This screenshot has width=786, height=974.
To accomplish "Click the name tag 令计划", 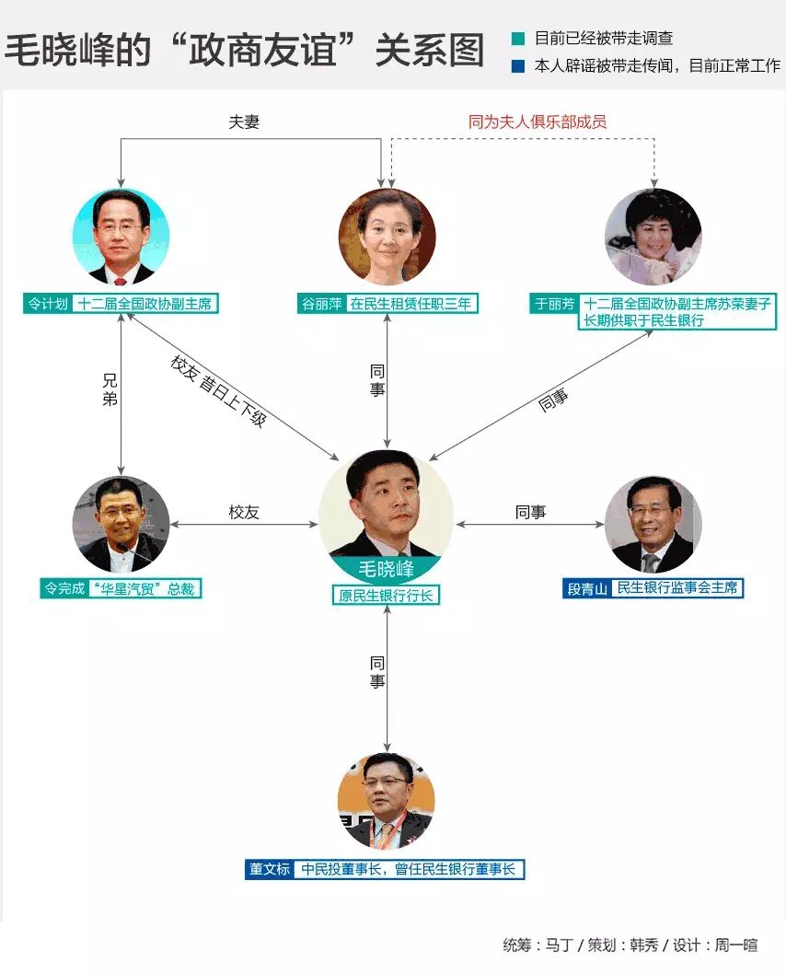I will click(x=48, y=304).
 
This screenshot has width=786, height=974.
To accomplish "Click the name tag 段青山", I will click(x=586, y=587).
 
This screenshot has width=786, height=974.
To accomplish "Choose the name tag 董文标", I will click(x=270, y=868).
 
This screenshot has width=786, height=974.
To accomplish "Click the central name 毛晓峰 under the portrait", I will click(x=386, y=569).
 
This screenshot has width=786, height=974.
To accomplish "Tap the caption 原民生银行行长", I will click(x=386, y=596).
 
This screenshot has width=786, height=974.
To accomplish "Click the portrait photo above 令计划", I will click(x=121, y=237).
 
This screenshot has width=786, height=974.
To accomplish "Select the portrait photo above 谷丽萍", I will click(x=387, y=237).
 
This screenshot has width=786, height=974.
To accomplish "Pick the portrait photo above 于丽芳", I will click(x=653, y=237).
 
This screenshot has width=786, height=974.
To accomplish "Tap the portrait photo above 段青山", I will click(x=653, y=525).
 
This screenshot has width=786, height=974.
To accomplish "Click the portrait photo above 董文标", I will click(x=387, y=801).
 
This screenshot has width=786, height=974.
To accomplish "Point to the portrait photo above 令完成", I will click(x=121, y=525).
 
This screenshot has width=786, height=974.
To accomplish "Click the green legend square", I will click(x=519, y=39).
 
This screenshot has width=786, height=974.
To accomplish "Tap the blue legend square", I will click(x=519, y=66).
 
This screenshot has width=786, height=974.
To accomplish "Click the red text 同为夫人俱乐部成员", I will click(x=537, y=121).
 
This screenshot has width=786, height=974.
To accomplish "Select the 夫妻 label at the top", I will click(x=244, y=121).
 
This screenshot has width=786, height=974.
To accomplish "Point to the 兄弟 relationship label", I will click(x=110, y=390).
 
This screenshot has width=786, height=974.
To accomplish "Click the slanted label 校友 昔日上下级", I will click(x=218, y=390).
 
